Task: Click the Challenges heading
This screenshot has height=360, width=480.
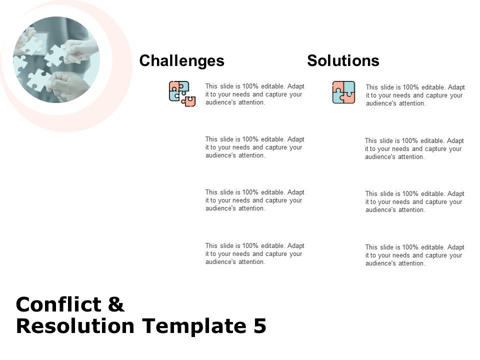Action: [x=182, y=61]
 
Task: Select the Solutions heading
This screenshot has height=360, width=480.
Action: [x=343, y=60]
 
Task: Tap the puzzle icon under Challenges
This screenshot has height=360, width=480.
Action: [x=182, y=93]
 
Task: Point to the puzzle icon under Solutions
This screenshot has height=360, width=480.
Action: [x=344, y=92]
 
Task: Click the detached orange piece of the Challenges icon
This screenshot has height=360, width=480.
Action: [x=189, y=101]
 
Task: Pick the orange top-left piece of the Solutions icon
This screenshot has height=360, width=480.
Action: [x=338, y=86]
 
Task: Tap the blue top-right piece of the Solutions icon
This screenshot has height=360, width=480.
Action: [x=349, y=86]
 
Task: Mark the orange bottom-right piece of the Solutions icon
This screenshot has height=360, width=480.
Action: [x=349, y=98]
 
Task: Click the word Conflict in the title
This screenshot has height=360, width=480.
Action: [x=58, y=304]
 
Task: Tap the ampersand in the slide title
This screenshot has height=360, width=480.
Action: [x=116, y=304]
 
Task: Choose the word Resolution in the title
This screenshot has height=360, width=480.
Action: [x=75, y=325]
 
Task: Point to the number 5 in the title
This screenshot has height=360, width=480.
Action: [x=260, y=325]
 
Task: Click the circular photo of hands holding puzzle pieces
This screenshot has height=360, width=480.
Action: [x=56, y=59]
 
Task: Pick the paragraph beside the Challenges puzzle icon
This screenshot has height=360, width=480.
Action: [x=254, y=94]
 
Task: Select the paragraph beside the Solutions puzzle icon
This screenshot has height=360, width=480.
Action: [x=415, y=95]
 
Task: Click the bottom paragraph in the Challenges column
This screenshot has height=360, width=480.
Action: [x=254, y=254]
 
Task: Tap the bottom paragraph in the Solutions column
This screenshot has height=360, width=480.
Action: [x=414, y=255]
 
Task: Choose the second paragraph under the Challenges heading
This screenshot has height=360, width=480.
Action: [x=254, y=147]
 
